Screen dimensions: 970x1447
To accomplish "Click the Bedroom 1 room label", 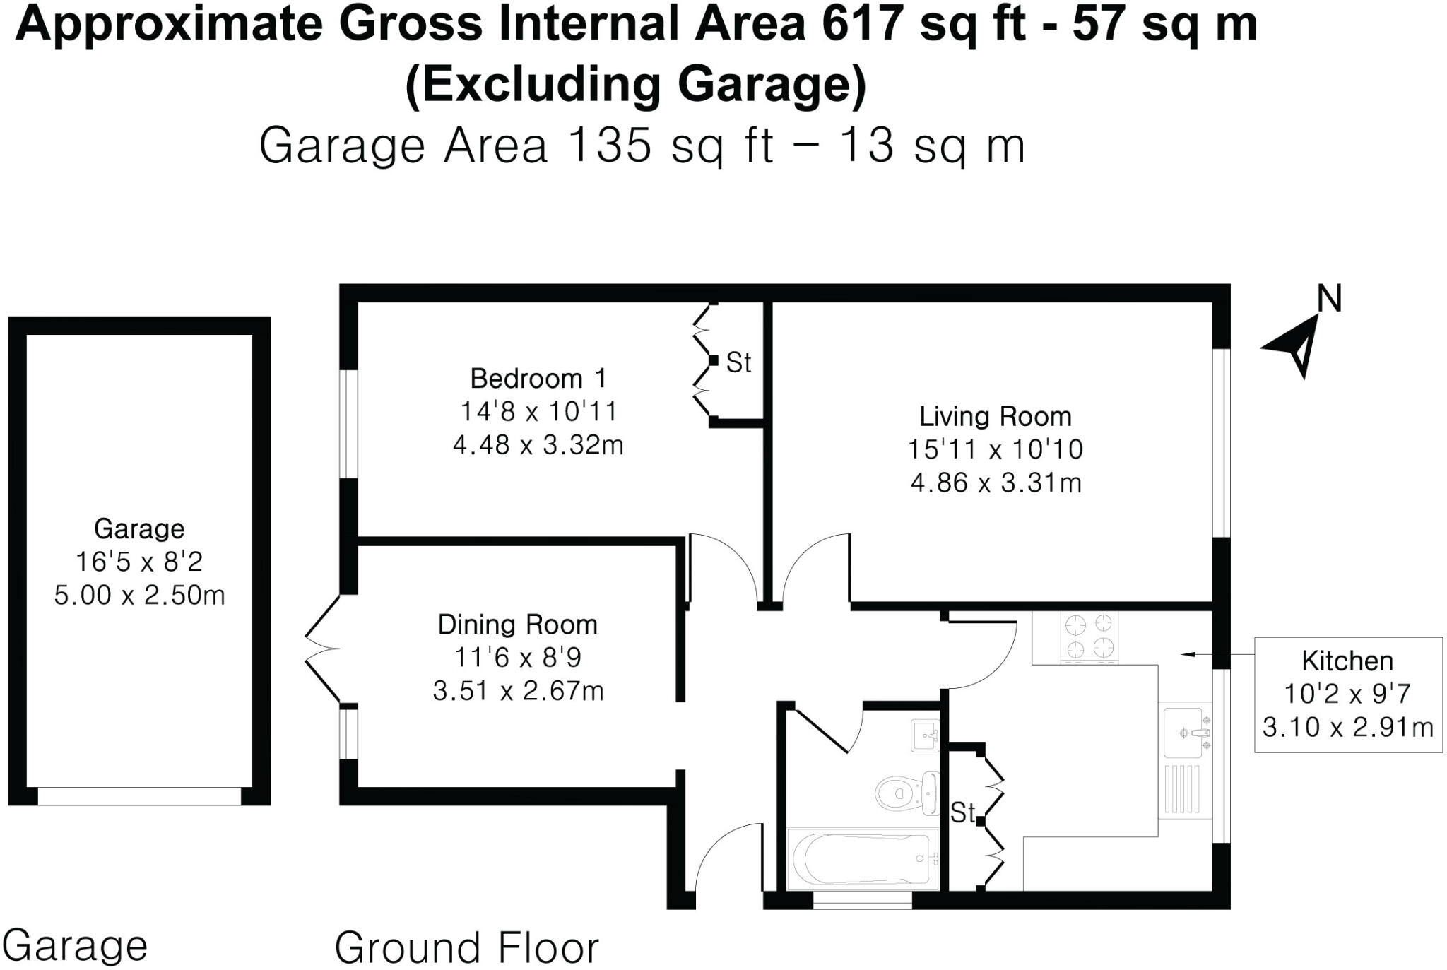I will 538,379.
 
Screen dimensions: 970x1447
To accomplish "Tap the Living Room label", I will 995,416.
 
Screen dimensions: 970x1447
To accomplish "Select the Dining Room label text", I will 517,625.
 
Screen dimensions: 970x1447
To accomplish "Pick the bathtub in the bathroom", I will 862,858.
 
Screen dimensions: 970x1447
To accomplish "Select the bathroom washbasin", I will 925,735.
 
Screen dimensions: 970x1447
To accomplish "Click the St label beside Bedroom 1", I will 738,362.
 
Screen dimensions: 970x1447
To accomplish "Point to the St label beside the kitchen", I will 962,812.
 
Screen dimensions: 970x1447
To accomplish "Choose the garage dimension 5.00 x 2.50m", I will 139,595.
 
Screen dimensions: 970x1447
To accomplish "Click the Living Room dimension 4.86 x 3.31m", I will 996,483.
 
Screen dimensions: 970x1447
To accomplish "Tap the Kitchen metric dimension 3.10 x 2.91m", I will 1347,727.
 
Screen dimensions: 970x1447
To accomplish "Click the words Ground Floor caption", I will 466,947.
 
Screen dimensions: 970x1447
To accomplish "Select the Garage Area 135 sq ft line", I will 642,146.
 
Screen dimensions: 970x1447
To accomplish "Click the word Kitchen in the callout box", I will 1347,661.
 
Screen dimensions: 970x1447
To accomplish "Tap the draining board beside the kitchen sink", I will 1181,789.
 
